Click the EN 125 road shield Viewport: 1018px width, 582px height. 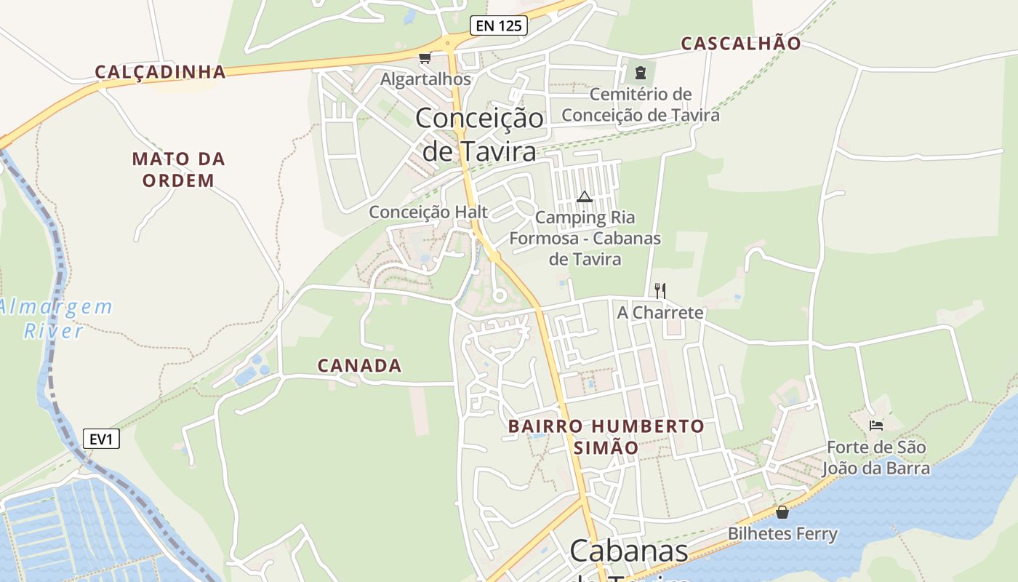coord(498,26)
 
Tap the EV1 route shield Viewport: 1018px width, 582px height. coord(101,439)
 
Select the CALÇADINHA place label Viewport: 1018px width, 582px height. coord(161,72)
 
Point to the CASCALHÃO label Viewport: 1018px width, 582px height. coord(740,44)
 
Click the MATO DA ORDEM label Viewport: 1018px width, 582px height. coord(179,170)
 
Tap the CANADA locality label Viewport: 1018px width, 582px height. coord(360,366)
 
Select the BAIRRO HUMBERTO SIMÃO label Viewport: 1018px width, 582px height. coord(606,436)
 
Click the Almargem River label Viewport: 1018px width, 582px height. coord(57,319)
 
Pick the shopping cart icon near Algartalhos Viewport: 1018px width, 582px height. coord(425,57)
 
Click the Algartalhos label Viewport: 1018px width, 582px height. coord(426,79)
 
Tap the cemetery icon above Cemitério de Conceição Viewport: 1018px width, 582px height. coord(640,73)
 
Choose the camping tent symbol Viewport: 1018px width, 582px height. coord(585,196)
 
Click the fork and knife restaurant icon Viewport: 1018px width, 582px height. coord(660,291)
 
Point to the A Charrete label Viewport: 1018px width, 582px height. coord(660,313)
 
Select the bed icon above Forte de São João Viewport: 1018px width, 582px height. coord(876,425)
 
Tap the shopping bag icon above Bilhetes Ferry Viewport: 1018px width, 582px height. coord(782,512)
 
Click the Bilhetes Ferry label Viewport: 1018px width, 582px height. coord(782,534)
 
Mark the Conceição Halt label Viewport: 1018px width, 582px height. coord(428,212)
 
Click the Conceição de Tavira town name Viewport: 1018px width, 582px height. coord(480,135)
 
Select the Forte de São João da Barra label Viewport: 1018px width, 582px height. coord(876,458)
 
